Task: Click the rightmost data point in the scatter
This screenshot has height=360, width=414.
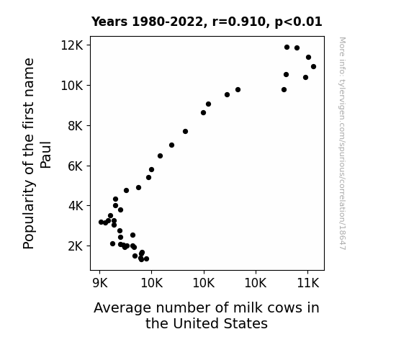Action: (313, 66)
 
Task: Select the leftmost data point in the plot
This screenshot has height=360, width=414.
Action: (101, 222)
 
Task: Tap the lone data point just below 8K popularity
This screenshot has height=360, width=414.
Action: (185, 131)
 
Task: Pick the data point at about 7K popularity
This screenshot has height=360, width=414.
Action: (171, 145)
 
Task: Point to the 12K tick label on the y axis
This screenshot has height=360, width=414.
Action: (72, 45)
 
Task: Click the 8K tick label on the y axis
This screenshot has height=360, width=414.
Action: (76, 126)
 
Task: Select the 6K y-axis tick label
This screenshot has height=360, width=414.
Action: (76, 166)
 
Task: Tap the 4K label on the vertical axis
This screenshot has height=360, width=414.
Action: (76, 206)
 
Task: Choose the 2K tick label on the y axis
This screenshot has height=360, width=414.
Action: (76, 246)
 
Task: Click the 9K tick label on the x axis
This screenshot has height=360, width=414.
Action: (100, 283)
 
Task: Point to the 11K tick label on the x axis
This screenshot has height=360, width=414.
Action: (308, 283)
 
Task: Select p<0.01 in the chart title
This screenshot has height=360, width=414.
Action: (298, 22)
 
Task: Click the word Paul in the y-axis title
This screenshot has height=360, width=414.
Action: (45, 155)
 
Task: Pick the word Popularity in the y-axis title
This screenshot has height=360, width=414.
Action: (29, 215)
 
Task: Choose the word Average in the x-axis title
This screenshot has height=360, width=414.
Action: (123, 308)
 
